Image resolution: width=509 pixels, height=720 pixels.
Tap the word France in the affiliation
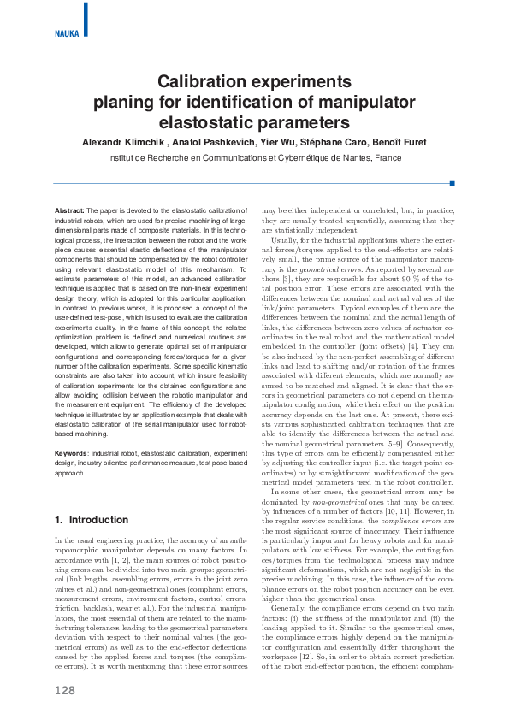388,158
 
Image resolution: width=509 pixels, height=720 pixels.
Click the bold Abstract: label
69,210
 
